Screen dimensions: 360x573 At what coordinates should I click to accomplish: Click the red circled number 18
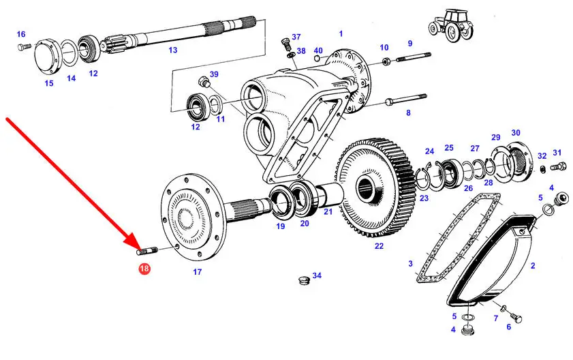click(x=144, y=269)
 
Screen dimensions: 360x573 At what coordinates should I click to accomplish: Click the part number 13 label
click(x=172, y=50)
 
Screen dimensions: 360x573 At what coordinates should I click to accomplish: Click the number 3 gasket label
click(x=410, y=263)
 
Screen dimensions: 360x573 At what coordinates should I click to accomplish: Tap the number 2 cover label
click(x=533, y=267)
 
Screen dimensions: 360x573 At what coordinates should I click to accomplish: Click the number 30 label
click(x=516, y=133)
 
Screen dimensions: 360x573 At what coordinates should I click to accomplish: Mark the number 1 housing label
click(x=341, y=33)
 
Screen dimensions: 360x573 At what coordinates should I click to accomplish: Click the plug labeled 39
click(x=202, y=84)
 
